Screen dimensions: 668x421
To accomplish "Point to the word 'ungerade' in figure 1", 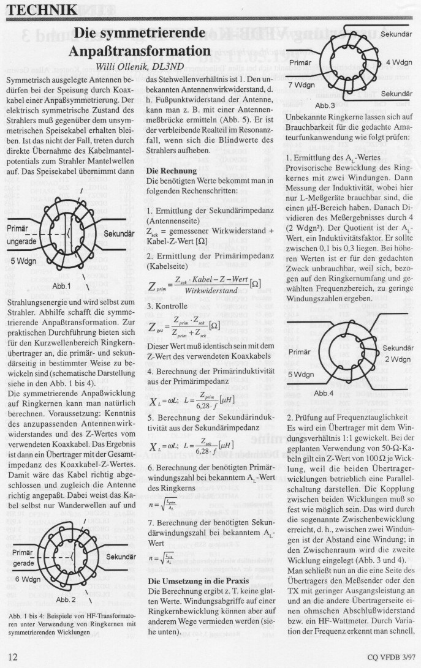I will (21, 241).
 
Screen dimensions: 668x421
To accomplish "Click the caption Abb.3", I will (325, 105).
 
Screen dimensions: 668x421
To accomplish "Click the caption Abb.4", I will (325, 393).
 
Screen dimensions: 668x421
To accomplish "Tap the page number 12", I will (12, 657).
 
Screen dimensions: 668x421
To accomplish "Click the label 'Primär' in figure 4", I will (299, 352).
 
